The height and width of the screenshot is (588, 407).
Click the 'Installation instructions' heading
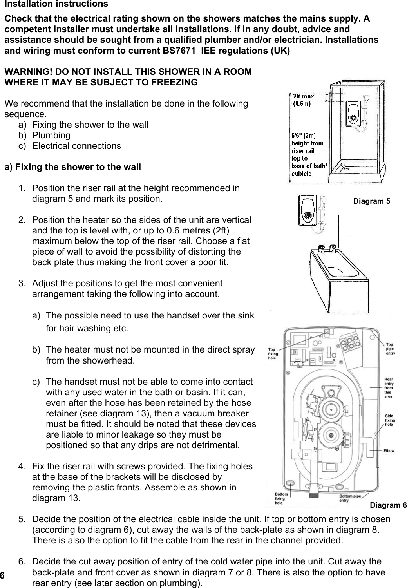point(56,4)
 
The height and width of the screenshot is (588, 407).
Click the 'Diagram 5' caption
point(371,201)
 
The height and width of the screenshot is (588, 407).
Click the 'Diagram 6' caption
point(388,505)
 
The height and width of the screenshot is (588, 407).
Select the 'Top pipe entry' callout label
point(391,349)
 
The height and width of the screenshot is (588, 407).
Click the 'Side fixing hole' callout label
point(390,420)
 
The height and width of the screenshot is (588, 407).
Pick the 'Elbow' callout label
point(389,450)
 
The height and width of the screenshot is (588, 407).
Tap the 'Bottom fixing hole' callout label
point(282,498)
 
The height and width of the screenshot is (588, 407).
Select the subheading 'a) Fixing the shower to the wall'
point(72,167)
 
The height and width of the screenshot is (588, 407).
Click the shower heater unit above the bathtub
point(307,212)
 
